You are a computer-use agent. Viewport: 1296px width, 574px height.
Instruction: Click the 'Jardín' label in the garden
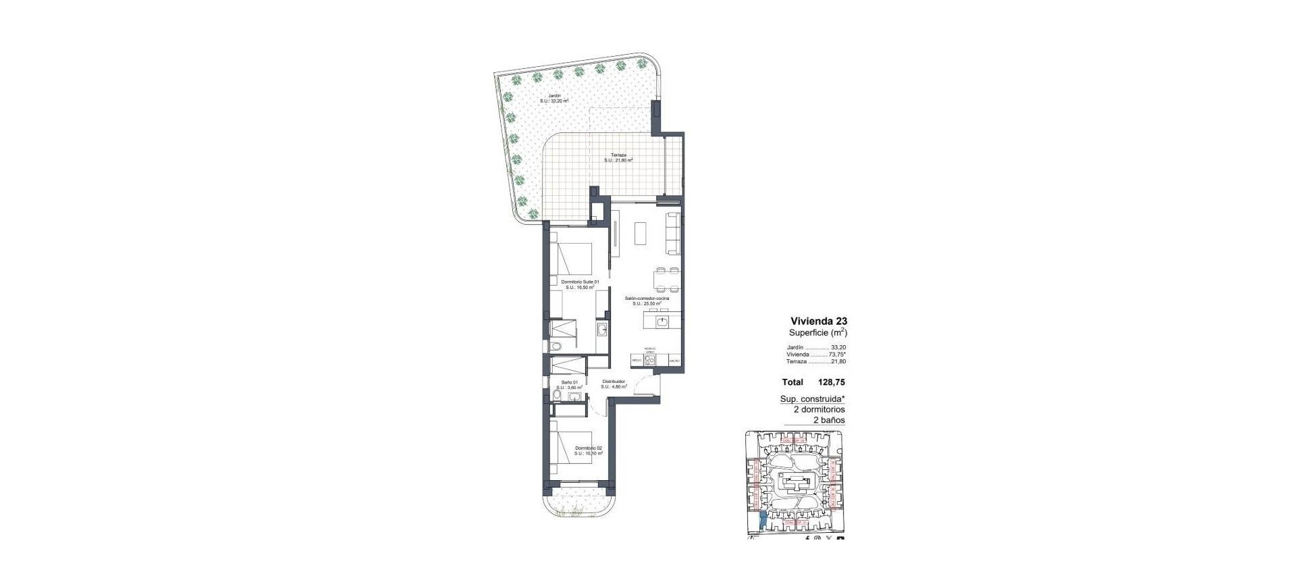click(x=554, y=96)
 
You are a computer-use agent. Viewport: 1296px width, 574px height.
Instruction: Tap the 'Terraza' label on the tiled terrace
click(x=618, y=155)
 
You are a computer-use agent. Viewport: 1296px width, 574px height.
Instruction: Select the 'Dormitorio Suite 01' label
click(x=580, y=282)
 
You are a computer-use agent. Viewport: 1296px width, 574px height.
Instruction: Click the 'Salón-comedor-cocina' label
click(x=647, y=298)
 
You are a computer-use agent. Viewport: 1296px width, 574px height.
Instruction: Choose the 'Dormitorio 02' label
click(x=588, y=448)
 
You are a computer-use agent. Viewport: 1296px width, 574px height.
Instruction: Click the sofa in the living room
click(x=673, y=233)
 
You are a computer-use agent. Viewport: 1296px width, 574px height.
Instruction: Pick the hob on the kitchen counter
click(x=650, y=361)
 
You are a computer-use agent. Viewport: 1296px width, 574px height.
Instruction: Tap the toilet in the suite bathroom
click(x=555, y=346)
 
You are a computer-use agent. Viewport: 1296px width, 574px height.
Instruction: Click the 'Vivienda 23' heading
click(x=818, y=321)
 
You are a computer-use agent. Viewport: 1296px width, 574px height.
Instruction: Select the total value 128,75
click(x=832, y=382)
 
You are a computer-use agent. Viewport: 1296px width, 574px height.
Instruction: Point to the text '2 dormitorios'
click(x=819, y=409)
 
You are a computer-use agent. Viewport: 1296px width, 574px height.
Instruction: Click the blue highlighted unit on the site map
click(x=763, y=520)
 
